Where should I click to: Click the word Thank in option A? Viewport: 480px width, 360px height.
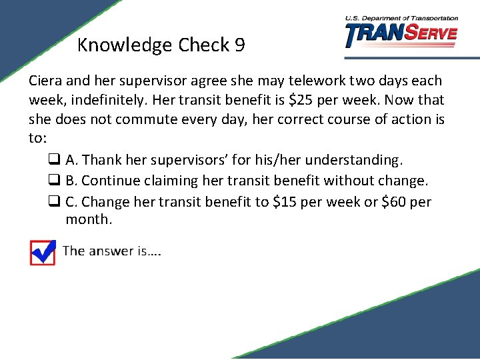(x=101, y=160)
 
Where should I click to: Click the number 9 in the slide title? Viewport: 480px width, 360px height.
(x=239, y=45)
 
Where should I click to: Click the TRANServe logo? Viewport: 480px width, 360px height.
(x=401, y=33)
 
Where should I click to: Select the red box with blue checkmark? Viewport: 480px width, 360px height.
(x=43, y=252)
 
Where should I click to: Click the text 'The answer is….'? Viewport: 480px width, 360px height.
(x=112, y=251)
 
